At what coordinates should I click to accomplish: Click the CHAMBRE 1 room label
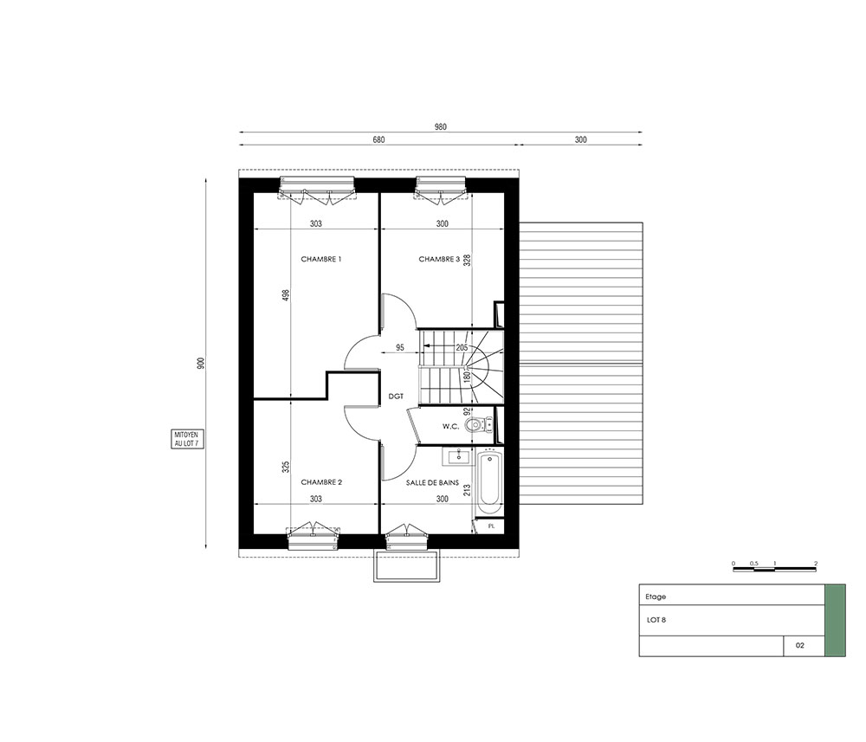pyautogui.click(x=321, y=259)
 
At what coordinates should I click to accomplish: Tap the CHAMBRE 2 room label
pyautogui.click(x=321, y=482)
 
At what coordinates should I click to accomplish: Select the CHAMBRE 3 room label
pyautogui.click(x=439, y=259)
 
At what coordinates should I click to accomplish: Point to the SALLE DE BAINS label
pyautogui.click(x=432, y=482)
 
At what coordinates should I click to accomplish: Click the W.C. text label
pyautogui.click(x=450, y=427)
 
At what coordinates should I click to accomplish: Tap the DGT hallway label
pyautogui.click(x=396, y=397)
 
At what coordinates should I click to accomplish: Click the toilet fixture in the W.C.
pyautogui.click(x=475, y=424)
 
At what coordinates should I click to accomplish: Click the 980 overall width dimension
pyautogui.click(x=440, y=127)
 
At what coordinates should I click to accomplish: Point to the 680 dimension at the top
pyautogui.click(x=378, y=139)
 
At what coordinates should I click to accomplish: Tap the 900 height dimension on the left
pyautogui.click(x=201, y=364)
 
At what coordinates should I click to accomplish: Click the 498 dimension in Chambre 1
pyautogui.click(x=286, y=296)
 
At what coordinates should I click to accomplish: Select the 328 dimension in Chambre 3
pyautogui.click(x=467, y=260)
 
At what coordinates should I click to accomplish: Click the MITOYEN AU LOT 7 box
pyautogui.click(x=186, y=440)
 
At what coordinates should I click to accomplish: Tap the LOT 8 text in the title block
pyautogui.click(x=656, y=620)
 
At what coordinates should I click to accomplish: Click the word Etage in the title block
pyautogui.click(x=656, y=597)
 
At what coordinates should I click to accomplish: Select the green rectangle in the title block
pyautogui.click(x=835, y=621)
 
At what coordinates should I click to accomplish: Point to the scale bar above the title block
pyautogui.click(x=775, y=569)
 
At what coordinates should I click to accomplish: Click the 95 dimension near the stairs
pyautogui.click(x=400, y=348)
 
